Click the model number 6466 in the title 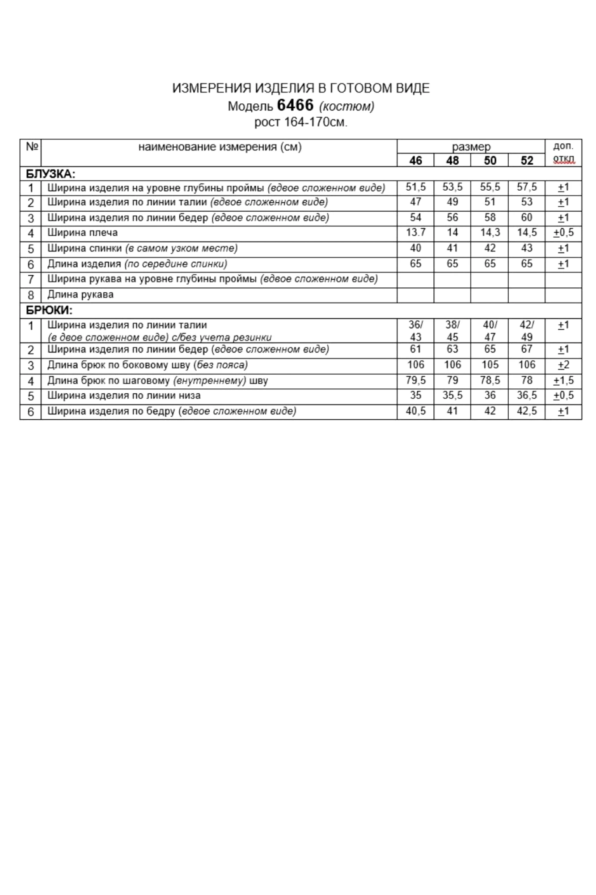click(295, 105)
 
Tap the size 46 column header click(415, 161)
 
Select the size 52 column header click(527, 161)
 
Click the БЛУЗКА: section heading click(51, 174)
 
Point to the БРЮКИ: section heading click(49, 310)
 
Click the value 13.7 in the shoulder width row click(415, 233)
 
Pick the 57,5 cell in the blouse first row click(527, 187)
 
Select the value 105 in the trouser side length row click(490, 365)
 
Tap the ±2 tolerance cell click(563, 365)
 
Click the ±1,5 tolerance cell click(563, 381)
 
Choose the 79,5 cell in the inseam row click(415, 380)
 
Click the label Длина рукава click(80, 294)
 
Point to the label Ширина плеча click(83, 233)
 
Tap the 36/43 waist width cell click(415, 331)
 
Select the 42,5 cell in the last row click(527, 411)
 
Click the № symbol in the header click(32, 147)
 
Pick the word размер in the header click(471, 147)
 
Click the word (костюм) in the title click(347, 107)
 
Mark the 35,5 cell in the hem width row click(452, 396)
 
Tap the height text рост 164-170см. click(300, 122)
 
